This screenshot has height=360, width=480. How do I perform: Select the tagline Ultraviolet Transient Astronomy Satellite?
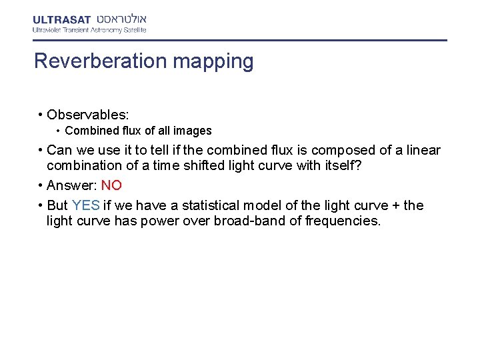click(89, 30)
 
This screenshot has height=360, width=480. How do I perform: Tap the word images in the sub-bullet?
click(193, 131)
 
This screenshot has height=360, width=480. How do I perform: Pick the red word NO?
click(111, 185)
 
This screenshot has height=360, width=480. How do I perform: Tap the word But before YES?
click(58, 205)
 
